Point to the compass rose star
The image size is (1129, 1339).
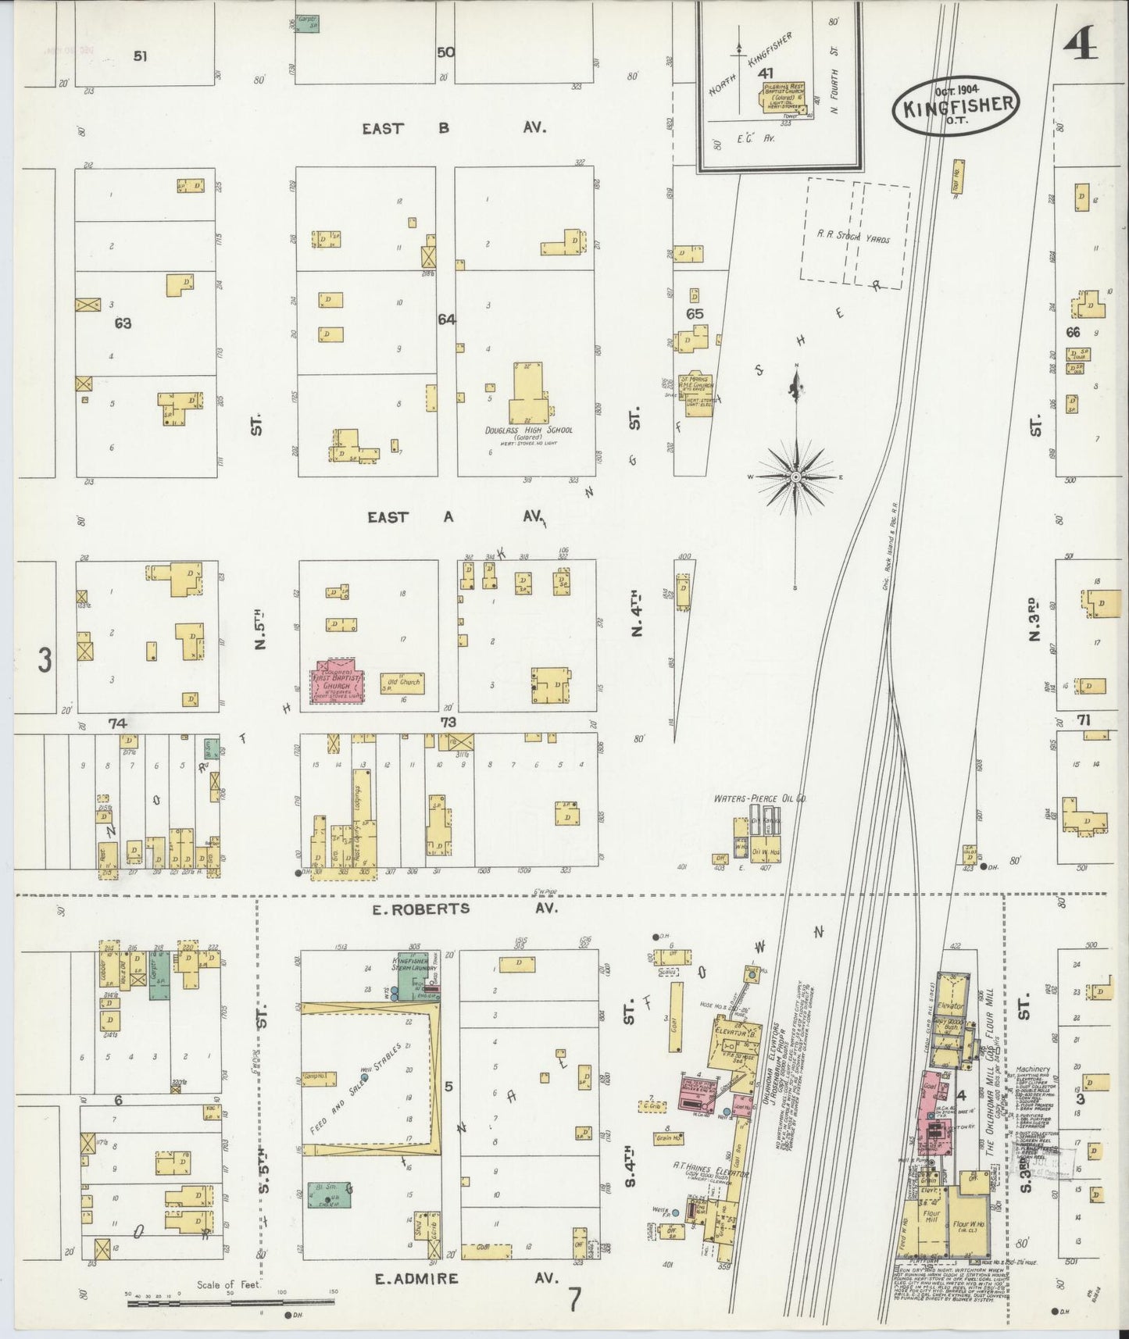tap(795, 476)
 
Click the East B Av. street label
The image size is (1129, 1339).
tap(453, 128)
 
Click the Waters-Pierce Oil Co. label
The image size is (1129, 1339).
tap(759, 799)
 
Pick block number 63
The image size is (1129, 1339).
tap(122, 323)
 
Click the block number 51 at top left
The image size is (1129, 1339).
tap(140, 55)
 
